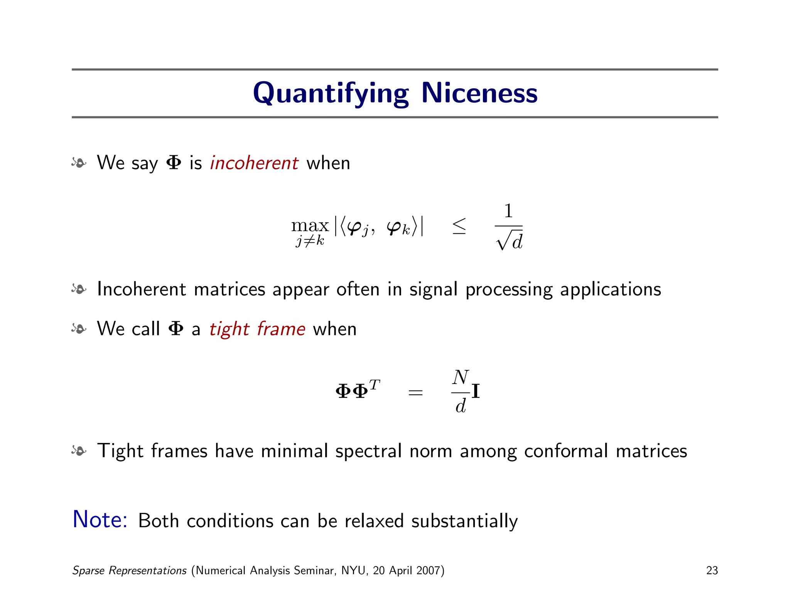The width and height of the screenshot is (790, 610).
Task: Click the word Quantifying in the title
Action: pyautogui.click(x=331, y=93)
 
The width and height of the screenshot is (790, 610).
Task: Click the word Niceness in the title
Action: pyautogui.click(x=479, y=93)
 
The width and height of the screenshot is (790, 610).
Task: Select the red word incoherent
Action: pyautogui.click(x=254, y=163)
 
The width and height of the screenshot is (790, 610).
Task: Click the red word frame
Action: pyautogui.click(x=281, y=329)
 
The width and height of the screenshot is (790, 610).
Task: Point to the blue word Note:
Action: pyautogui.click(x=100, y=519)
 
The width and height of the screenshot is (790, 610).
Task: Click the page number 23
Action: pyautogui.click(x=712, y=570)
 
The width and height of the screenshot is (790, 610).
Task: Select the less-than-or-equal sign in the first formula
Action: pyautogui.click(x=459, y=226)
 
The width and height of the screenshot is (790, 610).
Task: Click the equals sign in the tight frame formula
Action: pyautogui.click(x=415, y=393)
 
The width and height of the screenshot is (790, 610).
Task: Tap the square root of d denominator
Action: pyautogui.click(x=509, y=241)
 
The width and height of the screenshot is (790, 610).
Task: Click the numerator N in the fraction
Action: pyautogui.click(x=461, y=377)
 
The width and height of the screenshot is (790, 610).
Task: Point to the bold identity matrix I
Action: pyautogui.click(x=476, y=392)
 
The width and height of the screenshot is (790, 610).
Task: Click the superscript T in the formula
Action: pyautogui.click(x=375, y=384)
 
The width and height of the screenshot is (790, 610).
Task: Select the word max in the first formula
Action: pyautogui.click(x=310, y=226)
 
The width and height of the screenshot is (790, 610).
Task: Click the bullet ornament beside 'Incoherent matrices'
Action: pyautogui.click(x=79, y=289)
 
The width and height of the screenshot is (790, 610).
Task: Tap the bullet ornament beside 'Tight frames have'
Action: pyautogui.click(x=79, y=450)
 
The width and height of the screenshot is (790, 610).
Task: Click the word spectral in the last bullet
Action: pyautogui.click(x=368, y=451)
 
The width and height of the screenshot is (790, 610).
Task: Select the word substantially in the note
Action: pyautogui.click(x=464, y=521)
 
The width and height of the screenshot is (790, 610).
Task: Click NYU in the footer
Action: pyautogui.click(x=353, y=570)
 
